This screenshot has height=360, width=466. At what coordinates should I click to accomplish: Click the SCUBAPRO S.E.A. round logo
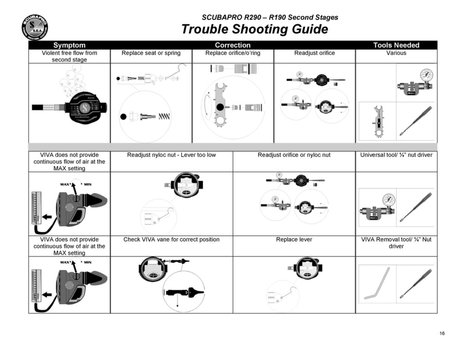point(35,27)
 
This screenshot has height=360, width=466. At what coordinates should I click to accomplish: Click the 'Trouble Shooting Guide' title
point(255,29)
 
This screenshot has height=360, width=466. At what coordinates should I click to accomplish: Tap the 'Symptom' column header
point(69,45)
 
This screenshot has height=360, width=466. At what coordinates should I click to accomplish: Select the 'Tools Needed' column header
point(396,45)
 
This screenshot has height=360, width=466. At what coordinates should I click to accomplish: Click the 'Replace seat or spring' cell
point(151,53)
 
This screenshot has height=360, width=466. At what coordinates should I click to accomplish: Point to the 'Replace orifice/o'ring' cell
point(233,53)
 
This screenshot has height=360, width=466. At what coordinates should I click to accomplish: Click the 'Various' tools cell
point(396,53)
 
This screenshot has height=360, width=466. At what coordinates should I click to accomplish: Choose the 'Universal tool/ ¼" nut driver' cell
point(396,155)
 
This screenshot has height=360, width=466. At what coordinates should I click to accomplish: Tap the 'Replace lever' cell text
point(294,239)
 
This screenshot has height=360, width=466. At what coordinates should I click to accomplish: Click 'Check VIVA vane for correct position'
point(172,239)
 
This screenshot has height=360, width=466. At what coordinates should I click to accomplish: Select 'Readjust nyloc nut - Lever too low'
point(172,155)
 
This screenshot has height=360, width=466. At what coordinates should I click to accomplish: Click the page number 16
point(442,333)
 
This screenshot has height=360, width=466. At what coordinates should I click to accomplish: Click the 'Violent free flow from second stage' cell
point(69,56)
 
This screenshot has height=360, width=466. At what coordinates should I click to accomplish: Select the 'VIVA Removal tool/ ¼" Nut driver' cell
point(396,243)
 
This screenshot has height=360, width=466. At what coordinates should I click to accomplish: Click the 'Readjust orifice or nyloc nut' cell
point(294,155)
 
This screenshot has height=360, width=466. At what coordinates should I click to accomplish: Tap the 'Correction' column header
point(233,45)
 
